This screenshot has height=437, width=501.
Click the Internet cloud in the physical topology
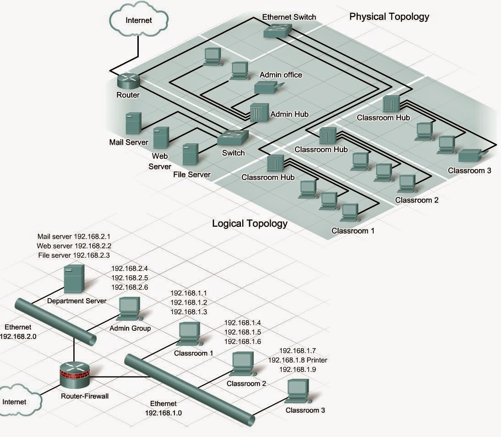click(138, 20)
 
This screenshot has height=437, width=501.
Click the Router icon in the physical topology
click(128, 81)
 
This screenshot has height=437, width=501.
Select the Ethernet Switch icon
click(279, 30)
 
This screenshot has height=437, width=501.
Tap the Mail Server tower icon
click(133, 123)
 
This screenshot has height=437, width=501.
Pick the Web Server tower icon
click(161, 137)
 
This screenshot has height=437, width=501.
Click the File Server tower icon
click(190, 154)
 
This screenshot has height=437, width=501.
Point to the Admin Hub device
click(258, 112)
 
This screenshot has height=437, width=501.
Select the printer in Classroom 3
click(471, 156)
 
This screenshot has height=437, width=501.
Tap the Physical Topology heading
click(389, 17)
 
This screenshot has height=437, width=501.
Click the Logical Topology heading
click(250, 224)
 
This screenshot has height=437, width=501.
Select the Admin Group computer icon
click(129, 309)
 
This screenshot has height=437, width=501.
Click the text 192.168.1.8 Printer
click(298, 360)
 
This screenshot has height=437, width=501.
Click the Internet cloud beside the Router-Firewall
click(17, 401)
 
